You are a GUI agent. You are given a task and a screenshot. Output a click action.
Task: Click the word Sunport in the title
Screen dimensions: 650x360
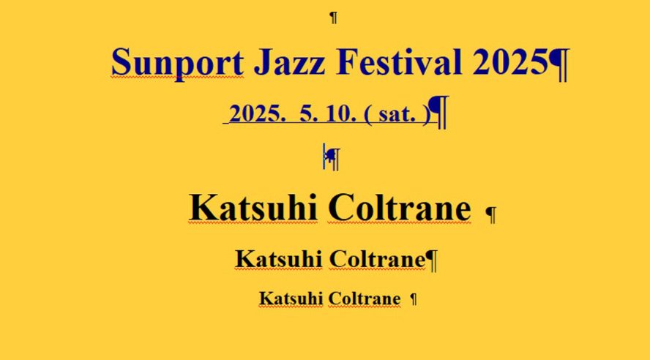[x=177, y=63]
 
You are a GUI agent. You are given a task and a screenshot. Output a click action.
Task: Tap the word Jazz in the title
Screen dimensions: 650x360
[x=289, y=62]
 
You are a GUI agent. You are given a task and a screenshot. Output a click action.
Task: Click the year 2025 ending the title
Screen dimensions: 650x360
[x=510, y=62]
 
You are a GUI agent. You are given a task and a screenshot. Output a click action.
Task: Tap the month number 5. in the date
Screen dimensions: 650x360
[x=309, y=113]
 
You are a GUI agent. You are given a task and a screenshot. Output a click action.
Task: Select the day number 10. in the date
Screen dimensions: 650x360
[x=341, y=113]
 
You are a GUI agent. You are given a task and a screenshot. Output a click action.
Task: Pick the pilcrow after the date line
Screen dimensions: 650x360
[x=438, y=112]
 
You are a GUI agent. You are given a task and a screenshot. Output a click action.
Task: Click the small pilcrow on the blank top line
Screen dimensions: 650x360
[x=333, y=18]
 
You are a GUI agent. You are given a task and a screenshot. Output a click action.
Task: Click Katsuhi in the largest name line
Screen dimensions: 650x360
[x=253, y=208]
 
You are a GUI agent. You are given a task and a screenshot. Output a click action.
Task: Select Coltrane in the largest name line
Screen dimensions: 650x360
[x=400, y=208]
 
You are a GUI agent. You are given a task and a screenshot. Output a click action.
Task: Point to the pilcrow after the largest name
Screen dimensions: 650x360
[x=491, y=214]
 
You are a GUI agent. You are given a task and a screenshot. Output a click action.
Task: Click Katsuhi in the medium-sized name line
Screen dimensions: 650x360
[x=279, y=259]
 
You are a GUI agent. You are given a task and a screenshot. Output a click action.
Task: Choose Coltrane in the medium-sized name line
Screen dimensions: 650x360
[x=378, y=259]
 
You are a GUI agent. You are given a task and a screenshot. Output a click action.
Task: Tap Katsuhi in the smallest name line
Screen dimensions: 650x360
[x=291, y=299]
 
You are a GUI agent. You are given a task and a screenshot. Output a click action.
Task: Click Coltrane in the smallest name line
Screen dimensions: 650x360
[x=365, y=299]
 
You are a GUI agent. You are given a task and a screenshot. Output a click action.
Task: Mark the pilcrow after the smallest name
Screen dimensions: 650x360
[x=414, y=299]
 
